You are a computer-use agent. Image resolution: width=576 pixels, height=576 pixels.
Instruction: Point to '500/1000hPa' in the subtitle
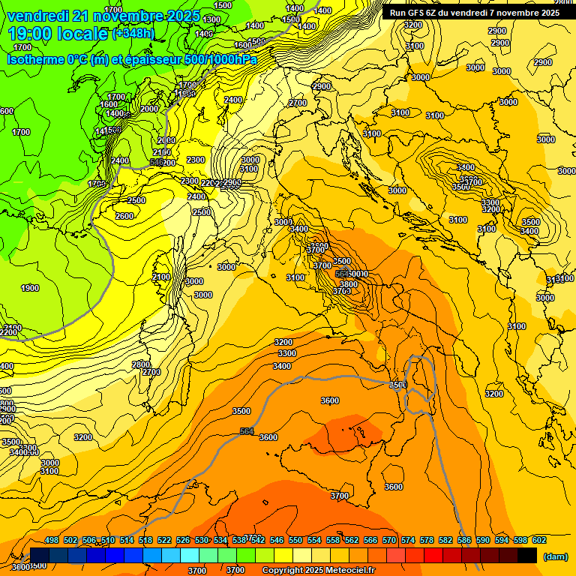pos(220,60)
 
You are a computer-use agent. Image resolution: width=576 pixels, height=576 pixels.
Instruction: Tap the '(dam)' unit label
pos(554,556)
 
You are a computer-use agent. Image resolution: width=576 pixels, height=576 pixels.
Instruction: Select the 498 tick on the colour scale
pos(52,540)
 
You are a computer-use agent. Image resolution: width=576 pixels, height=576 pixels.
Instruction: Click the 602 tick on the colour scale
pos(539,540)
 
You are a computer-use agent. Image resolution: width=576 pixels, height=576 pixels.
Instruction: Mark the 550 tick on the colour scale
pos(295,540)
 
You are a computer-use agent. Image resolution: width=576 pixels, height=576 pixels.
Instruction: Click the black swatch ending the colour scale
pos(527,556)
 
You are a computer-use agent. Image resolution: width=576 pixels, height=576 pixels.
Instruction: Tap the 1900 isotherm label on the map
pos(30,288)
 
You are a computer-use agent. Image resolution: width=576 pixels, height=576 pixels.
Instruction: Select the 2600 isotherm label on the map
pos(124,216)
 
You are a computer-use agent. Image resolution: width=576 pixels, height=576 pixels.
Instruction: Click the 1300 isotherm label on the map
pos(212,19)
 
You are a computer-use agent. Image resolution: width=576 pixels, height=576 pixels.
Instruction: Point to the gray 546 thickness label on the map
pos(157,161)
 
